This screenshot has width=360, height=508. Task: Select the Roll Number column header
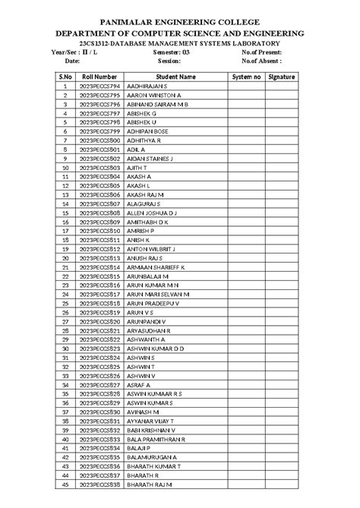coord(99,77)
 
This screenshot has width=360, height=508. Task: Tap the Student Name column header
coord(175,77)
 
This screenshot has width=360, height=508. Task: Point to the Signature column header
coord(287,77)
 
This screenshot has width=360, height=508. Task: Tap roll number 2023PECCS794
coord(99,87)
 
